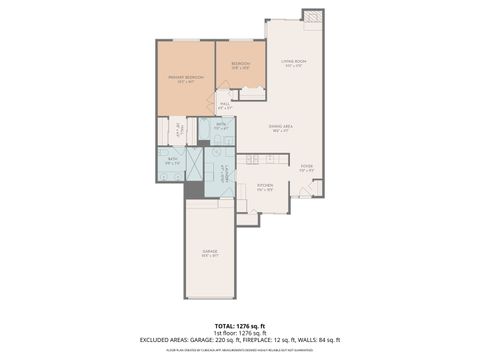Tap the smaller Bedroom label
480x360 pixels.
[x=240, y=65]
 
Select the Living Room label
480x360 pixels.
[x=292, y=63]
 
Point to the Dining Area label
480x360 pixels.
[x=281, y=128]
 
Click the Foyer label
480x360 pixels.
[x=307, y=168]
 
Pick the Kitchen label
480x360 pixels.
[x=265, y=187]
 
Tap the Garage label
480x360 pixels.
[x=210, y=251]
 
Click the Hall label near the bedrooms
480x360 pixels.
[x=225, y=104]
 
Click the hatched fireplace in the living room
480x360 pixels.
[x=314, y=17]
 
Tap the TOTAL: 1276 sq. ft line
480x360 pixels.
[x=240, y=327]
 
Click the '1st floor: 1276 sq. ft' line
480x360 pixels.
[x=240, y=333]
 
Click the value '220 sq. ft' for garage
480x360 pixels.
[x=241, y=340]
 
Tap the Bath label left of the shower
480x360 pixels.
[x=172, y=160]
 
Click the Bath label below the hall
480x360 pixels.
[x=222, y=126]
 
